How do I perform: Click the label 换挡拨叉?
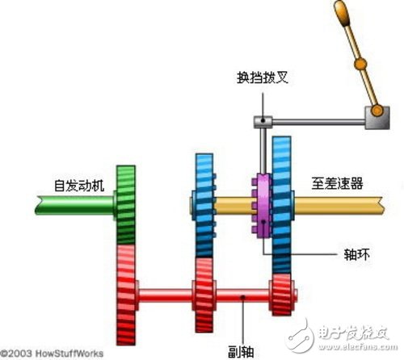point(263,77)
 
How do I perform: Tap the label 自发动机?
point(79,186)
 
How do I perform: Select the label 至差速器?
point(337,183)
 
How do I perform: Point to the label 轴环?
point(356,254)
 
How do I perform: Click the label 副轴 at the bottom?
point(241,351)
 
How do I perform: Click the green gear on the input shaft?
point(126,205)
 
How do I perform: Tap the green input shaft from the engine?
point(74,205)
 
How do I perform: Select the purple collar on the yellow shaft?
point(262,206)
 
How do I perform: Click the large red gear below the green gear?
point(126,295)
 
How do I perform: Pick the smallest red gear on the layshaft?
point(282,295)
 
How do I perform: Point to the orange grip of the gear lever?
point(342,14)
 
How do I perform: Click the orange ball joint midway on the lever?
point(360,64)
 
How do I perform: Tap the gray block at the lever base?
point(377,118)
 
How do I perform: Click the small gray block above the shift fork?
point(263,122)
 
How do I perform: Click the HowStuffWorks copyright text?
point(52,354)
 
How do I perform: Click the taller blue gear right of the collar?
point(282,205)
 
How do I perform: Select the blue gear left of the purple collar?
point(204,206)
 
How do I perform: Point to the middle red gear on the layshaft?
point(204,295)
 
